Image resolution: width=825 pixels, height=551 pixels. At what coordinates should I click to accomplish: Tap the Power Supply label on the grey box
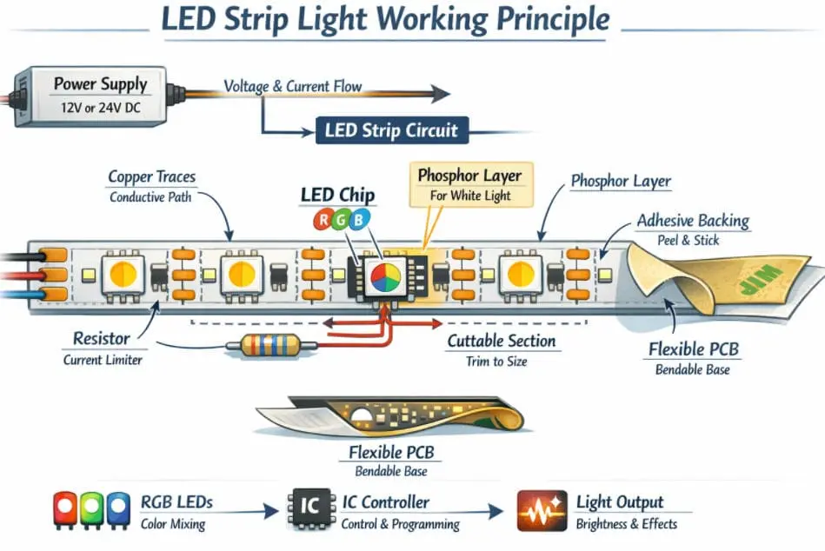coord(100,84)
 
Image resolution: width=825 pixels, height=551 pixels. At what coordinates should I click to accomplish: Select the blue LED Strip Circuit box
coord(391,131)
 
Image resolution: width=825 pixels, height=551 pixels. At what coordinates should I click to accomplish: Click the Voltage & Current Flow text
coord(293,86)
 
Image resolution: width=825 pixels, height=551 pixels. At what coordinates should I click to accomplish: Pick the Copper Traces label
coord(151,177)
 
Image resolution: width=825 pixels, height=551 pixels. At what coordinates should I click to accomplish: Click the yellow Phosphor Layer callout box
coord(470,184)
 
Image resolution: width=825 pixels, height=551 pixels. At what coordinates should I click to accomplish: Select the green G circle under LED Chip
coord(339,220)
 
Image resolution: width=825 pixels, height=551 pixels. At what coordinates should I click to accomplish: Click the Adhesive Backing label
coord(693,221)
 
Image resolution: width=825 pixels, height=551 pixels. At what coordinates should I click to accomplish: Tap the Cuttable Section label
coord(502,342)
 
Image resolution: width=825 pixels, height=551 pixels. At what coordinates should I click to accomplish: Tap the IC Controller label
coord(383,502)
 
